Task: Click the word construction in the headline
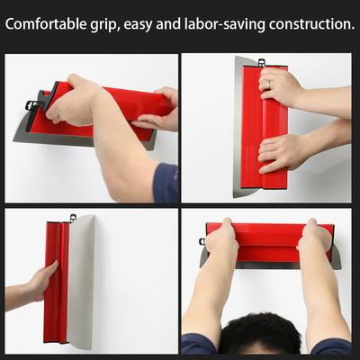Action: click(x=310, y=24)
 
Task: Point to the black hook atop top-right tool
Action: click(x=261, y=62)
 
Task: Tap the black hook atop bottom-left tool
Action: click(x=72, y=217)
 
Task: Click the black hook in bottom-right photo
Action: click(x=202, y=241)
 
